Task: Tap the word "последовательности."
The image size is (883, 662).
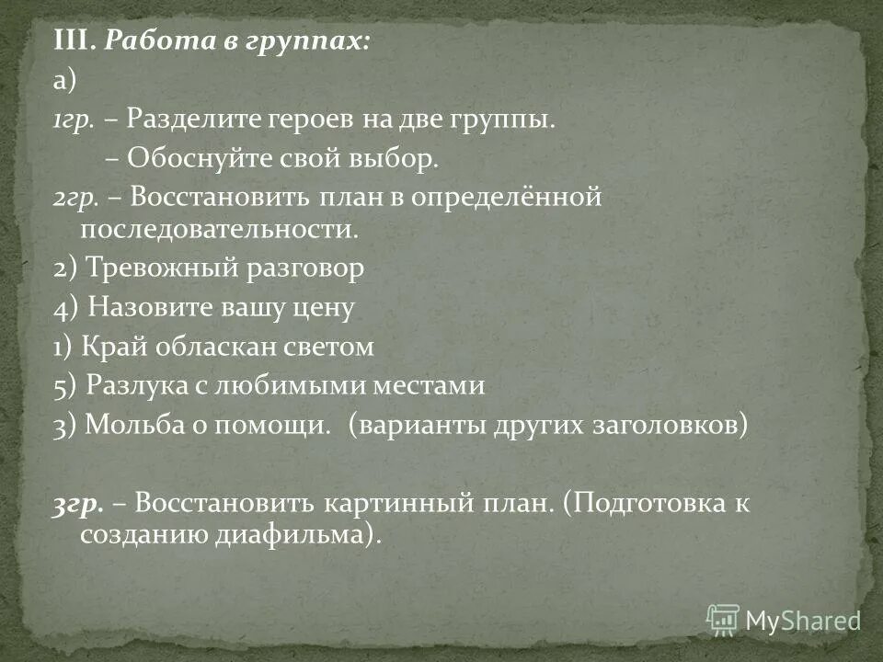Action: click(x=218, y=228)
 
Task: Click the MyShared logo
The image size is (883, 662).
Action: click(x=784, y=619)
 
